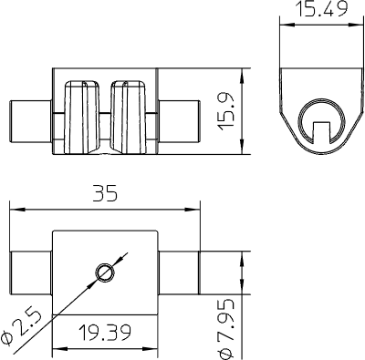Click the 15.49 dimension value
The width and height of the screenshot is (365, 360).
[x=322, y=8]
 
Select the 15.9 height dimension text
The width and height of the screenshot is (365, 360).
[x=226, y=111]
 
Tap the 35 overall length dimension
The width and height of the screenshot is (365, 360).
[x=105, y=193]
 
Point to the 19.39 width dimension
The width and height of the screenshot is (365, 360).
[x=105, y=333]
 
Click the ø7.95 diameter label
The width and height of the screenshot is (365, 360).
[x=226, y=329]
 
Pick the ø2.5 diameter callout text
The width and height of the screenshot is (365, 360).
[x=20, y=328]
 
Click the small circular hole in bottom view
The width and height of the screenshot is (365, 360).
[x=105, y=273]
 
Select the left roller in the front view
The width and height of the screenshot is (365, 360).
[x=81, y=117]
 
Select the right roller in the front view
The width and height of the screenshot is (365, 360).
[x=129, y=117]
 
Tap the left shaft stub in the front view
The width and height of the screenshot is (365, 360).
[x=30, y=121]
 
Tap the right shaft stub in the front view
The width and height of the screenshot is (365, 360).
[x=179, y=121]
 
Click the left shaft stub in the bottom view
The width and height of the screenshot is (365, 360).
[x=31, y=273]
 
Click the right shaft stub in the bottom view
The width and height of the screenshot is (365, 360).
[x=179, y=273]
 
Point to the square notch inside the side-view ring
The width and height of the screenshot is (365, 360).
[x=321, y=131]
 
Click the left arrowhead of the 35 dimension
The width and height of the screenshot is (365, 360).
[x=16, y=210]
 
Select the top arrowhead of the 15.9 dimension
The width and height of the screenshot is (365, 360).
[x=242, y=76]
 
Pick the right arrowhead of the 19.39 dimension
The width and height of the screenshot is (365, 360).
[x=151, y=348]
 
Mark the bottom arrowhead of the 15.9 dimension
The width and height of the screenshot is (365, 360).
[x=242, y=147]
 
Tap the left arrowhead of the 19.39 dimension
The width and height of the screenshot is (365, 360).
[x=60, y=348]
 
